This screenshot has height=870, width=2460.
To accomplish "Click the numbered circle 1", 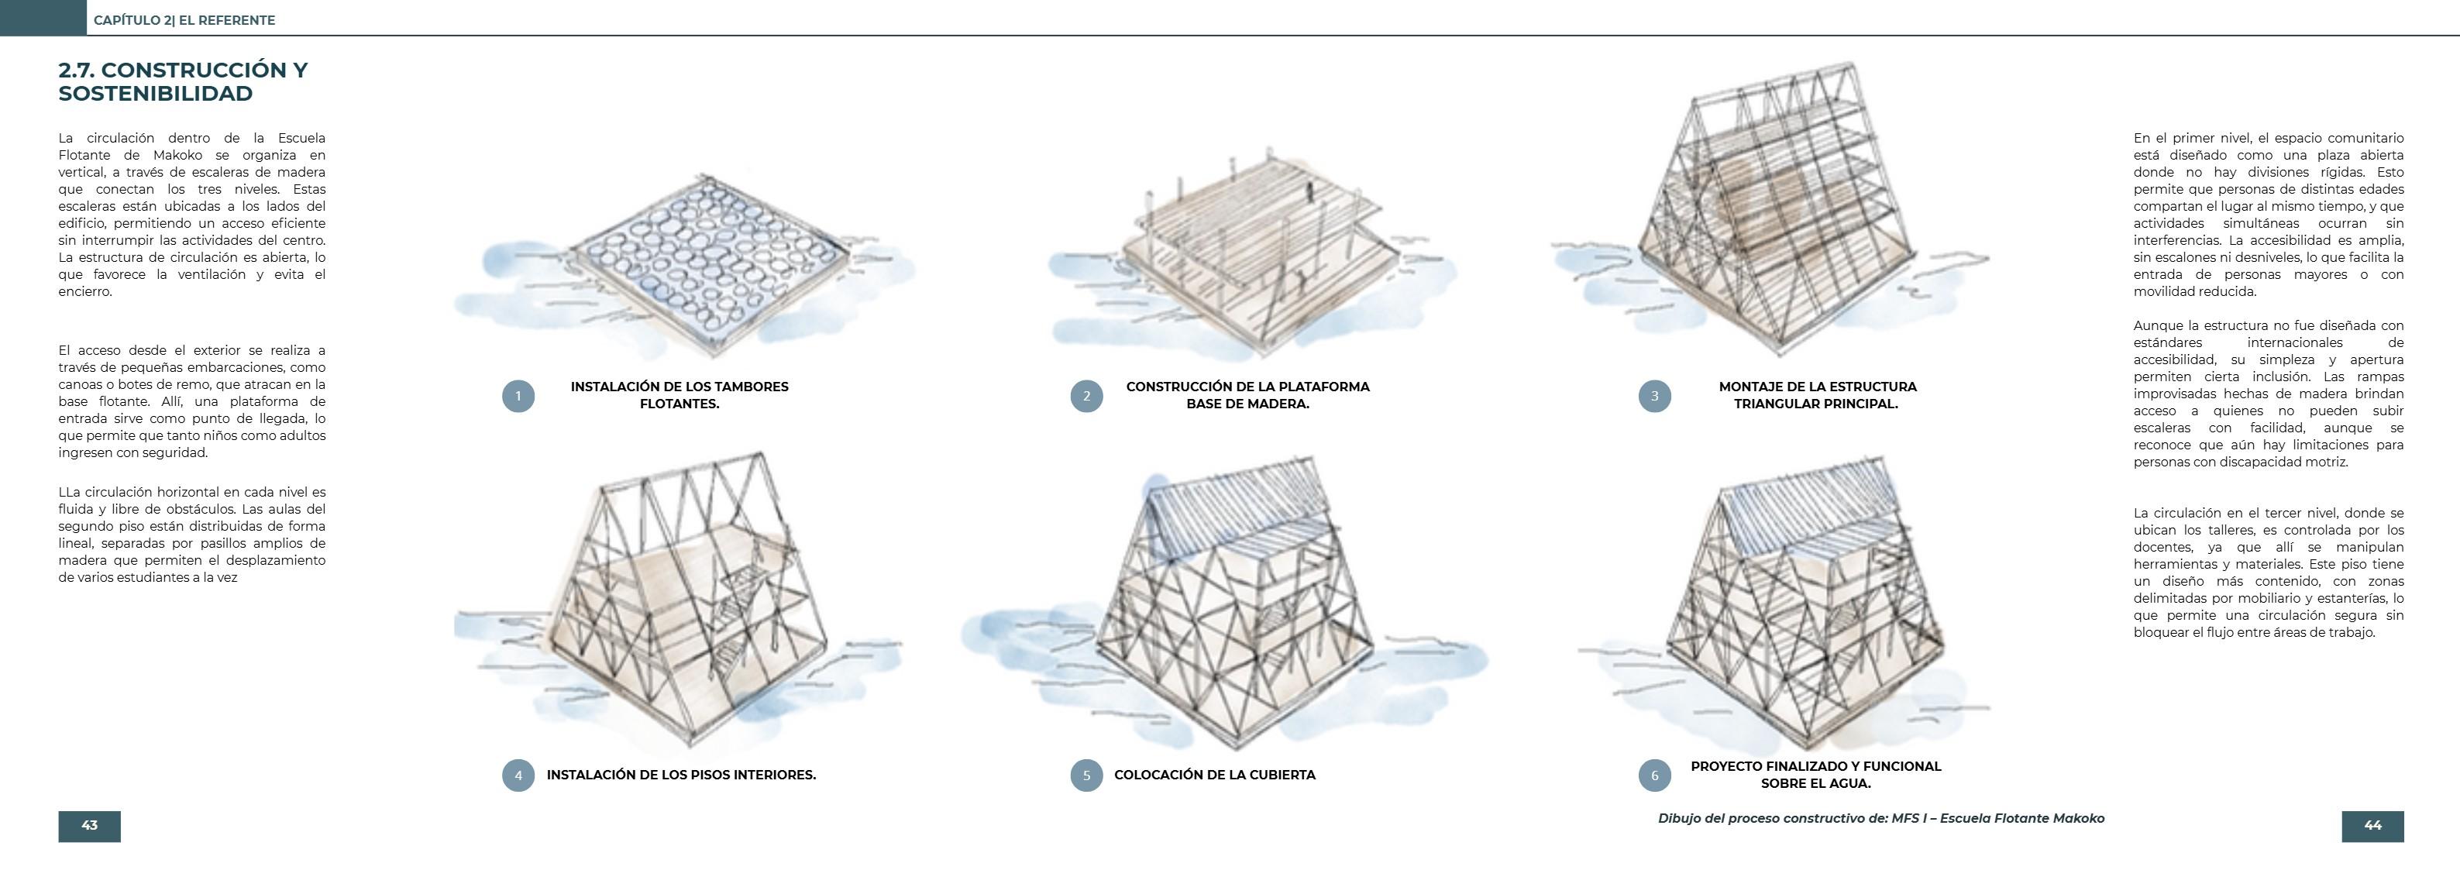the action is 518,395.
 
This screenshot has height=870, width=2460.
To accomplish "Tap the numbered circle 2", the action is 1085,395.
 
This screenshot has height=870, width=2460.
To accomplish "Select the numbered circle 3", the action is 1654,395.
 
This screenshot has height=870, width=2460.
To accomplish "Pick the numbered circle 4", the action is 518,775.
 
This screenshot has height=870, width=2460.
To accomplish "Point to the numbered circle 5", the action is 1085,775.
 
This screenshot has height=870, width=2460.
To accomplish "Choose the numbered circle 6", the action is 1654,775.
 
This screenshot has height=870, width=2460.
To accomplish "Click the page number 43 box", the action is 89,826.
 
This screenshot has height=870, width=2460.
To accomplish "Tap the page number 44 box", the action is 2372,826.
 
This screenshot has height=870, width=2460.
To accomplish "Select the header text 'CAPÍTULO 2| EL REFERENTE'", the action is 184,20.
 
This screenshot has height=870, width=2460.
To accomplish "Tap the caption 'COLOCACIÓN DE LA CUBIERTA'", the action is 1214,775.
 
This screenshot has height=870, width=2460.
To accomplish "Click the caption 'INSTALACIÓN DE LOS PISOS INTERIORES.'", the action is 681,775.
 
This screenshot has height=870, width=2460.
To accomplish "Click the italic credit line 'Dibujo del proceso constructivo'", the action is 1880,818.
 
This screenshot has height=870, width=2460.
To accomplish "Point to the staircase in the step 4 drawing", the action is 740,611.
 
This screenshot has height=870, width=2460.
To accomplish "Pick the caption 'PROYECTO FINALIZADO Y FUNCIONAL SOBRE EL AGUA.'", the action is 1815,775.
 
